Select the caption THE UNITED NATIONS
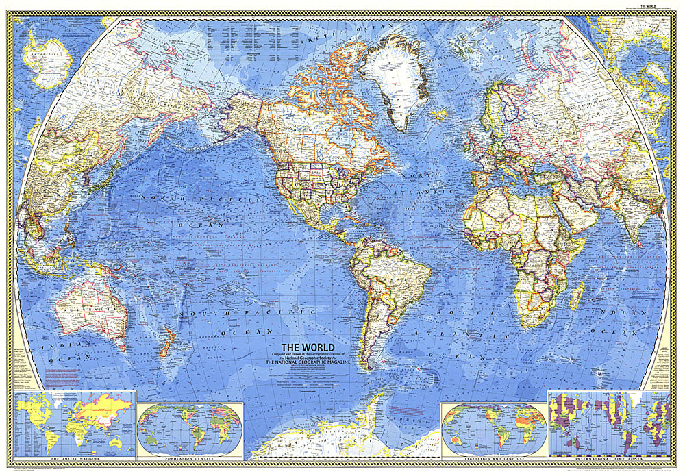click(74, 455)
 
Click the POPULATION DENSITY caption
click(190, 455)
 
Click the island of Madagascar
click(577, 296)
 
